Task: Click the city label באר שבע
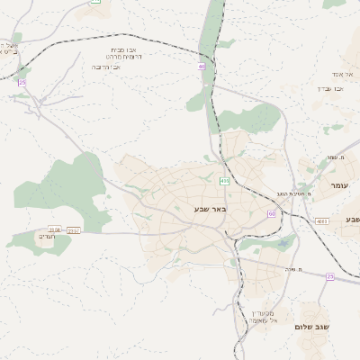click(x=210, y=208)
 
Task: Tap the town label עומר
click(x=338, y=185)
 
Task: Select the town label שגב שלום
click(x=313, y=327)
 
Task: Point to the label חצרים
click(x=46, y=238)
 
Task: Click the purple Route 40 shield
click(x=202, y=66)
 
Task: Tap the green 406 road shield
click(x=224, y=181)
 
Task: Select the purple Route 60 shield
click(x=272, y=213)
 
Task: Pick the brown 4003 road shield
click(x=321, y=220)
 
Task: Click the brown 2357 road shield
click(x=73, y=231)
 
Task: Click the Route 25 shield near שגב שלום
click(x=330, y=276)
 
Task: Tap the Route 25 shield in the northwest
click(x=22, y=83)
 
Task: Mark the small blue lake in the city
click(x=285, y=242)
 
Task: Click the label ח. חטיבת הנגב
click(x=295, y=193)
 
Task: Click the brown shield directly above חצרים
click(x=55, y=229)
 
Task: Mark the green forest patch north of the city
click(x=255, y=117)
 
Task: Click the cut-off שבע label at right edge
click(x=351, y=220)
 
